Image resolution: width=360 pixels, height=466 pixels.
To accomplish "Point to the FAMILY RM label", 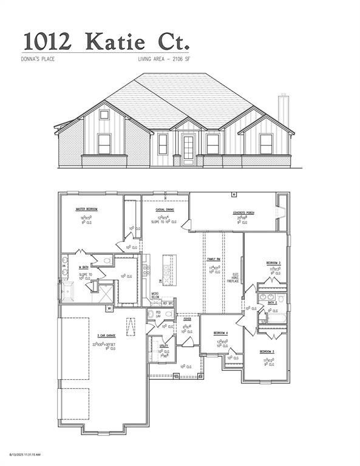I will click(x=214, y=259).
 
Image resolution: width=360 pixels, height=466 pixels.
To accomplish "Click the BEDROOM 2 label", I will click(x=273, y=262).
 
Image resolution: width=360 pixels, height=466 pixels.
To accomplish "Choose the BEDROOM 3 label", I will click(x=267, y=352).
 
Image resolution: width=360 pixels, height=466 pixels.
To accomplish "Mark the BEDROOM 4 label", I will click(x=221, y=333).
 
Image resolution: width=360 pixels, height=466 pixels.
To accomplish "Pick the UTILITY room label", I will click(x=164, y=345).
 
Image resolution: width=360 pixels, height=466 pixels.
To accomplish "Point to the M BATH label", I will click(x=84, y=266).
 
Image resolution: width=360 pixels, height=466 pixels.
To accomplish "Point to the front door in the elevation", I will click(x=189, y=147).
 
